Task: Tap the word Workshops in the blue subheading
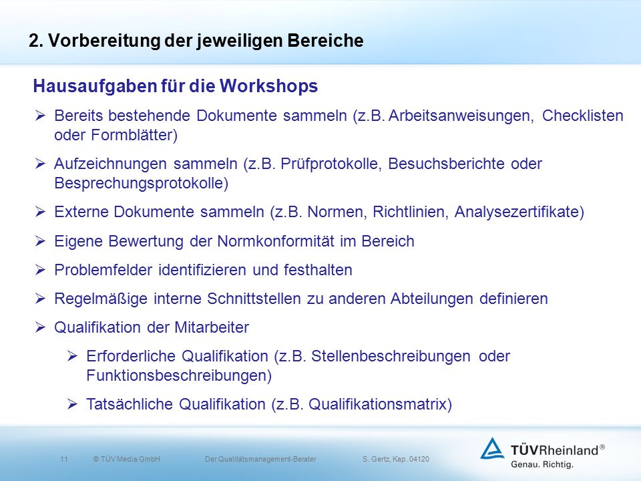[268, 86]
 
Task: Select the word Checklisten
[582, 116]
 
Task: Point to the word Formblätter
[132, 135]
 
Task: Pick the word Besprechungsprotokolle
[140, 183]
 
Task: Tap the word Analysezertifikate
[517, 212]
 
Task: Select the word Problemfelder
[103, 270]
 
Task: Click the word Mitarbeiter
[212, 327]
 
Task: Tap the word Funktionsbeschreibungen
[176, 375]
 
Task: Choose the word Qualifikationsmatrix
[377, 405]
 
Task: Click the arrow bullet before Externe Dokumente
[40, 212]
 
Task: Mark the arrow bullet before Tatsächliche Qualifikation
[72, 405]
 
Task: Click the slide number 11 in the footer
[64, 460]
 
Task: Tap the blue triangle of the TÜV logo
[492, 449]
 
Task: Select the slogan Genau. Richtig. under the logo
[542, 465]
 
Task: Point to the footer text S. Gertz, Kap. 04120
[396, 460]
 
